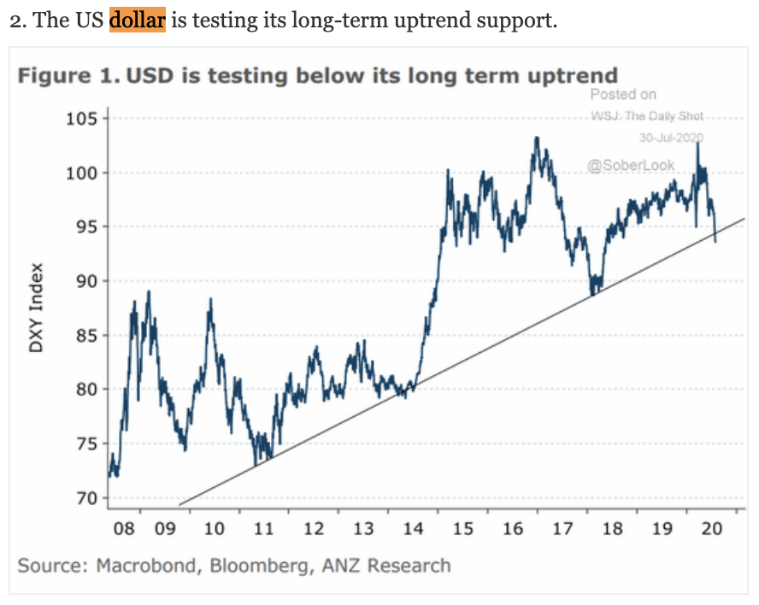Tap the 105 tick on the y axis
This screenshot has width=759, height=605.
point(83,119)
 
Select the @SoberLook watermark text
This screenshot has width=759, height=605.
point(630,165)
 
